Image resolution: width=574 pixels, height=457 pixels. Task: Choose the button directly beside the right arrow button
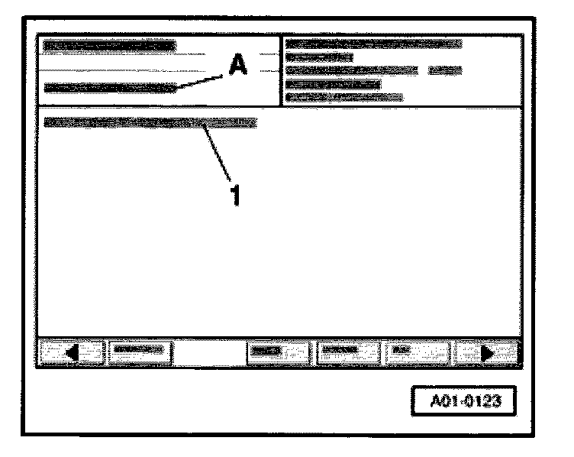tap(418, 352)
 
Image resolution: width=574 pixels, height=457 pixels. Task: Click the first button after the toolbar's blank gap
tap(277, 352)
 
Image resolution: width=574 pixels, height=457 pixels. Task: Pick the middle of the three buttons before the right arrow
tap(347, 352)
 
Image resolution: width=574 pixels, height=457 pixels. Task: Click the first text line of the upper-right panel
tap(373, 44)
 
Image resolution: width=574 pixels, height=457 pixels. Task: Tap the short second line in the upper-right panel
tap(318, 57)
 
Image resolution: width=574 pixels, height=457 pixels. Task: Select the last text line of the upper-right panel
tap(343, 96)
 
